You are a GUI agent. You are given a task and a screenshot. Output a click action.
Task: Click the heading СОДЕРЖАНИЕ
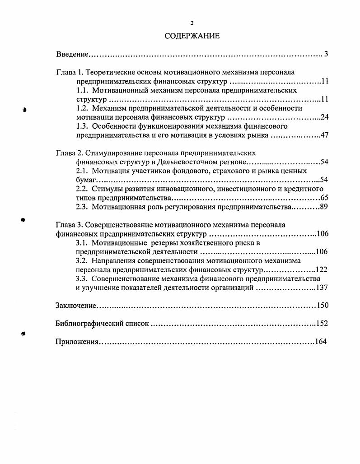tap(192, 36)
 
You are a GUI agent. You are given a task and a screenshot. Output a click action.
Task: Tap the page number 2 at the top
tap(192, 23)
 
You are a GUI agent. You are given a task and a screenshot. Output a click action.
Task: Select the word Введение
tap(72, 55)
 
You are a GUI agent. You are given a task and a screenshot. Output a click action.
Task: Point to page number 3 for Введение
tap(326, 55)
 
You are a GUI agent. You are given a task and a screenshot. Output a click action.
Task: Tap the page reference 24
tap(324, 118)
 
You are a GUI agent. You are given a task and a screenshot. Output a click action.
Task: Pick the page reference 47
tap(324, 135)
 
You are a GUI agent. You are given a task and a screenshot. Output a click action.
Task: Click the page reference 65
tap(324, 198)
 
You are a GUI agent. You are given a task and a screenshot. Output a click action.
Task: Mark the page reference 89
tap(324, 207)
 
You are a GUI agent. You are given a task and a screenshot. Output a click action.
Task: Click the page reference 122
tap(322, 270)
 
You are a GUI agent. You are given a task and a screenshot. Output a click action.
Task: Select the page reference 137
tap(322, 288)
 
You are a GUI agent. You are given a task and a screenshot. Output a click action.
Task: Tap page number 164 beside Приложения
tap(320, 342)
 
